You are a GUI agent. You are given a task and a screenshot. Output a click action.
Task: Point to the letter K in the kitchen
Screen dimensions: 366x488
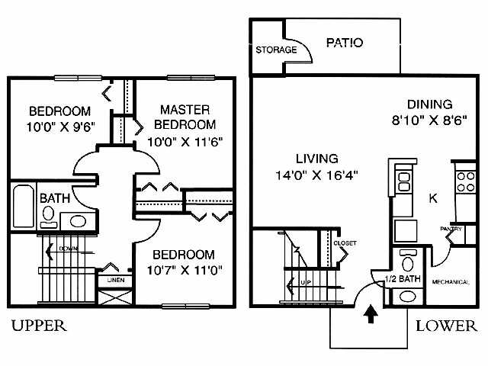click(x=433, y=198)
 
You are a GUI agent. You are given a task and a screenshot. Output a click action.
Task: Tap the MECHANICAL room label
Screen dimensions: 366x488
click(x=451, y=281)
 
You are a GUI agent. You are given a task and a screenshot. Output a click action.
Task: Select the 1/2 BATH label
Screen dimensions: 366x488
click(x=401, y=280)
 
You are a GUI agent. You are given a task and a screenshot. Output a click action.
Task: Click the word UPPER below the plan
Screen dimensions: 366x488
click(x=39, y=326)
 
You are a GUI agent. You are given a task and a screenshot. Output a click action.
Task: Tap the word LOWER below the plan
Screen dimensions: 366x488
click(x=447, y=326)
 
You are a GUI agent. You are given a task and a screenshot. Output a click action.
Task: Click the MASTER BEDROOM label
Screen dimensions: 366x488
click(x=185, y=117)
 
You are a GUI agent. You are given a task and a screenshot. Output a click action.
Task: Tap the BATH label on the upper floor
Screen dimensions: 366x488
click(x=55, y=198)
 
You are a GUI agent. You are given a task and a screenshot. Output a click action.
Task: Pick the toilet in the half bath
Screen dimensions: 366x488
click(x=406, y=264)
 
